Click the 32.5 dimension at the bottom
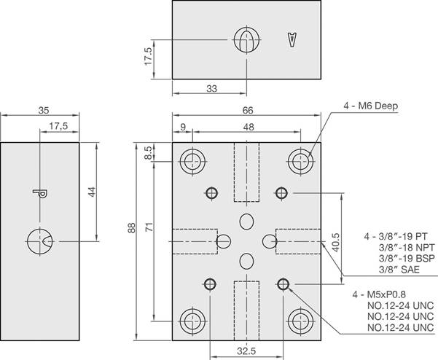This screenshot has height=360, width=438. point(246,351)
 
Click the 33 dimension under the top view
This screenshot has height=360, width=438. point(212,89)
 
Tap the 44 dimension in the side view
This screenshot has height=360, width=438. point(92,191)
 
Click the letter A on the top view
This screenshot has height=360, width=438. point(293,40)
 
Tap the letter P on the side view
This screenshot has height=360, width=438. point(39,193)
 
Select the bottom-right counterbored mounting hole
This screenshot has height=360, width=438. point(300,320)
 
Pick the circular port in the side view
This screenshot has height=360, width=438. point(39,240)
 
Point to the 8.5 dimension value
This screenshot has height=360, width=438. point(149,153)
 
